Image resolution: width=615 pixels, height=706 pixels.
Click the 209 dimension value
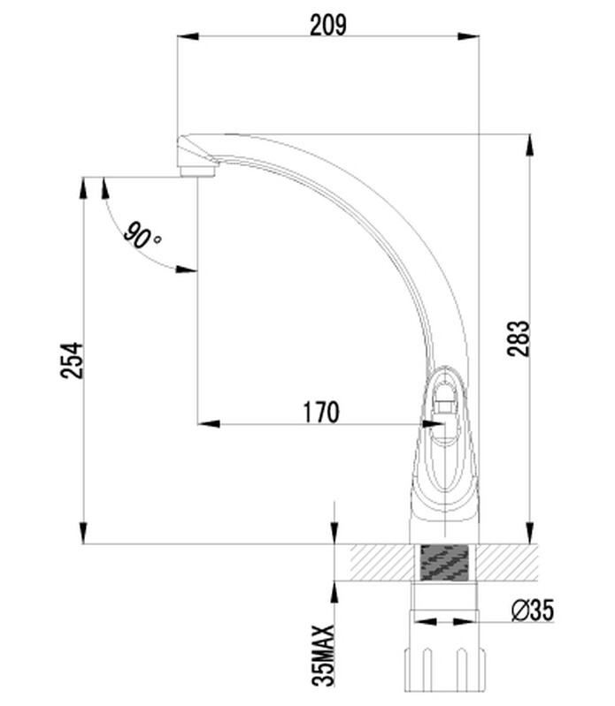328,25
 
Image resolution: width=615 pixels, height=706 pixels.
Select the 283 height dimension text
518,338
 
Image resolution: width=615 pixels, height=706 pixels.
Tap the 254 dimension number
73,361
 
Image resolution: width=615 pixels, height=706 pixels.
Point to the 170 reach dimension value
320,412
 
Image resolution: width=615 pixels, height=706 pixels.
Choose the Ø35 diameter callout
533,611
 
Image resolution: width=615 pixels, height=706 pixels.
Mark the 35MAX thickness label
324,655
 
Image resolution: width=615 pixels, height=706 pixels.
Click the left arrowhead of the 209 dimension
188,36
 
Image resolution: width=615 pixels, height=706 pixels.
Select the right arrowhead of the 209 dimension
468,36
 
